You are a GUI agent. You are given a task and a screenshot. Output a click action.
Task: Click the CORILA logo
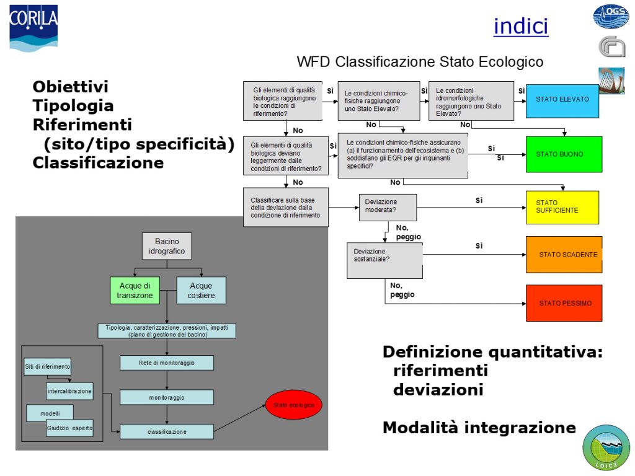click(33, 28)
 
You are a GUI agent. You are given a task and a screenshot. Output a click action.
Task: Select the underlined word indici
click(521, 26)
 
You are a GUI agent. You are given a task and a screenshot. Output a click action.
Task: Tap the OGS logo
click(611, 16)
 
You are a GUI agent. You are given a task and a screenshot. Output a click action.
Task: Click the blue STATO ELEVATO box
click(562, 99)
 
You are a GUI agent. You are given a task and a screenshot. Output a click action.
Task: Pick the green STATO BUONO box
click(564, 154)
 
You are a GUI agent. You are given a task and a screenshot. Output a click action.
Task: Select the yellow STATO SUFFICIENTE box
click(562, 207)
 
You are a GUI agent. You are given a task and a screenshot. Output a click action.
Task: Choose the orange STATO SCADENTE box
click(564, 254)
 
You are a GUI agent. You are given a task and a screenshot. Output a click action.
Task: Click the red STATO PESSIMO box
click(564, 303)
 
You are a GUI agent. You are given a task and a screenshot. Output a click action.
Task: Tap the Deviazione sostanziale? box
click(384, 260)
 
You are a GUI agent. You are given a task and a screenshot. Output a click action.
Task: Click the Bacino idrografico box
click(166, 246)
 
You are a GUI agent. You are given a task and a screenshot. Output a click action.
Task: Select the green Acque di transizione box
click(135, 290)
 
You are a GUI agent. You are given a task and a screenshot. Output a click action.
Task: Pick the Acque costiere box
click(201, 290)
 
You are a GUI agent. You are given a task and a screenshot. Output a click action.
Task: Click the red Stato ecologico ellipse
click(294, 405)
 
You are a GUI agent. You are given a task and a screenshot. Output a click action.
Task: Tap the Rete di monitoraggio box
click(167, 363)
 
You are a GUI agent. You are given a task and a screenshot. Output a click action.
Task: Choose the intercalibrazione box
click(69, 391)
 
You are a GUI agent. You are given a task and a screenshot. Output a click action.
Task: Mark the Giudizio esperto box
click(69, 428)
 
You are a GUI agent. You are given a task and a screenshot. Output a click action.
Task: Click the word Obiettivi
click(71, 87)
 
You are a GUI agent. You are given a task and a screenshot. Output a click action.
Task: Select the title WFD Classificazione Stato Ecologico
click(420, 62)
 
